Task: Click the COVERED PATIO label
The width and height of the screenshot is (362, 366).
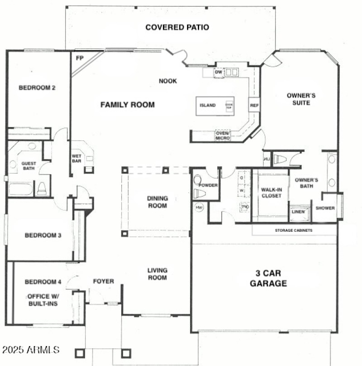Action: point(177,27)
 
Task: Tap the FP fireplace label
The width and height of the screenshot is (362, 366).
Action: point(80,58)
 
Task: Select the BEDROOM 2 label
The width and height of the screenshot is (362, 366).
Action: point(37,88)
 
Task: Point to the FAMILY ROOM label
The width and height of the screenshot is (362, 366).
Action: point(127,105)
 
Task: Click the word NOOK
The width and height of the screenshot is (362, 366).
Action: point(167,81)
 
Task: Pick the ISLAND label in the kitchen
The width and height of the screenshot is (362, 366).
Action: point(208,106)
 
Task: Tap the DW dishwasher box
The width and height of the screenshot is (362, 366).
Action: point(219,72)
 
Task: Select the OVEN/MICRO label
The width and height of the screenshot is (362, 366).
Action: point(223,135)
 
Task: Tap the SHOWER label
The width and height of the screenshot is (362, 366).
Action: point(325,208)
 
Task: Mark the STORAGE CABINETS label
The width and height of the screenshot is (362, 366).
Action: point(294,230)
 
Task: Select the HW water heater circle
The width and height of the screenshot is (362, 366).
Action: point(199,207)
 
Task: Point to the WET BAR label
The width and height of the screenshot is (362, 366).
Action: point(76,159)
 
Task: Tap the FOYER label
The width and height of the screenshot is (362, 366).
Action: point(103,281)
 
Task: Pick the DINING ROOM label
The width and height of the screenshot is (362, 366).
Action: point(157,202)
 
